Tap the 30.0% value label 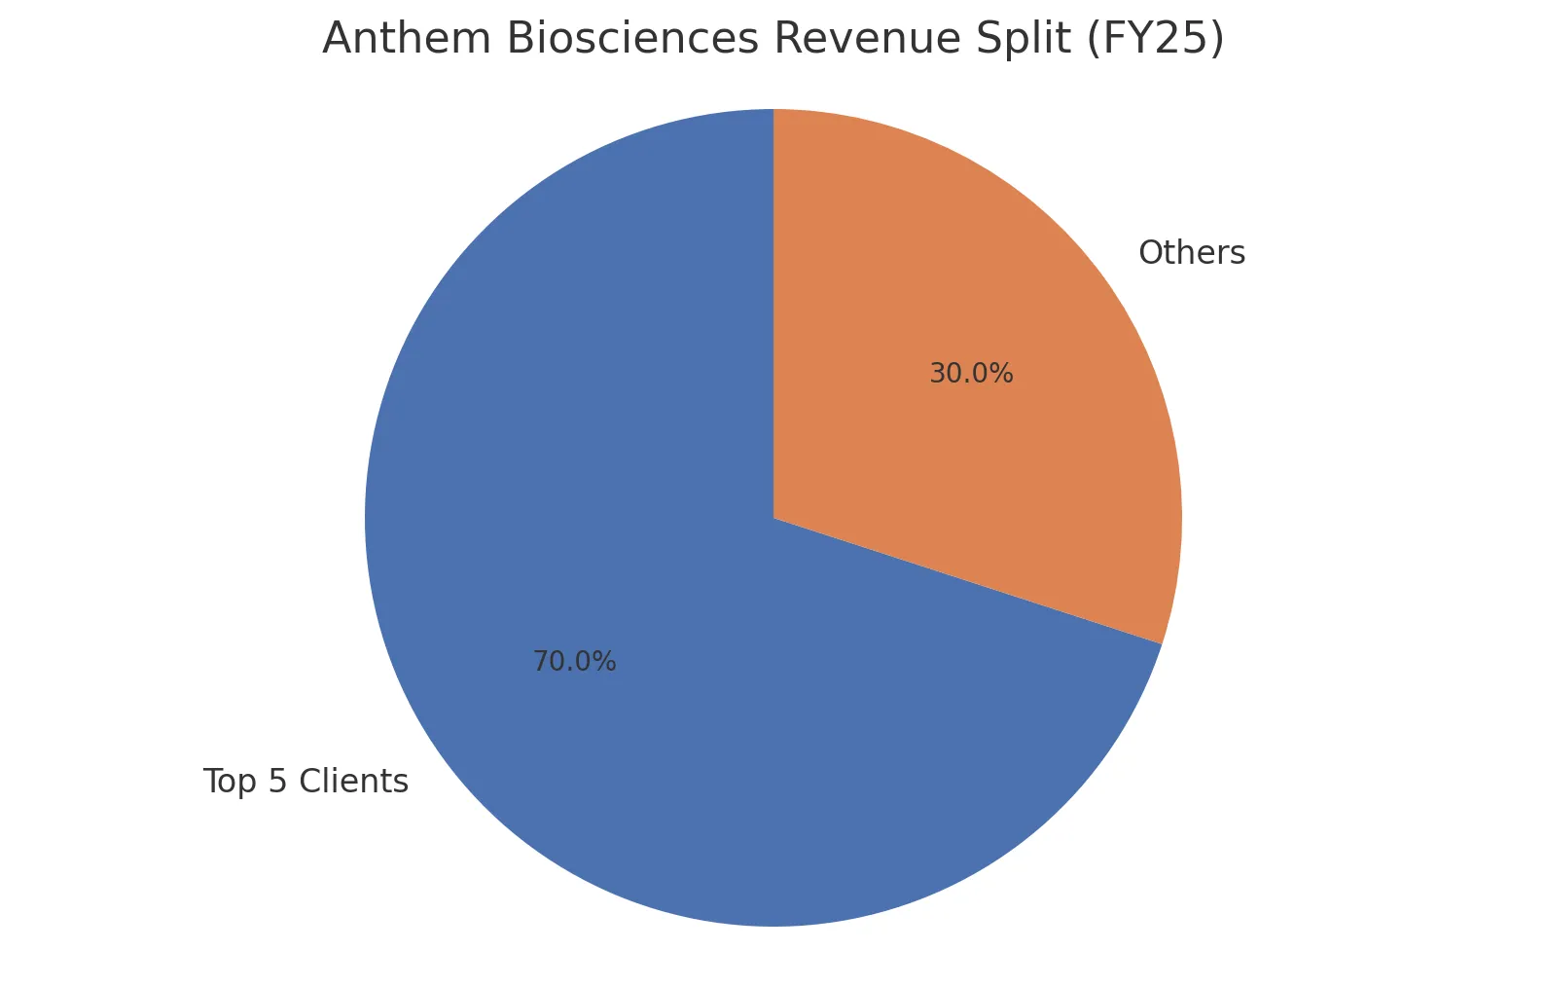coord(971,374)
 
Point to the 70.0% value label coord(574,662)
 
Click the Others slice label coord(1191,253)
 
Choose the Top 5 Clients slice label coord(306,782)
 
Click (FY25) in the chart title coord(1154,39)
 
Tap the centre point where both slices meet coord(773,518)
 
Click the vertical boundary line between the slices coord(773,311)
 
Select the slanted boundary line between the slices coord(968,581)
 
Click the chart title coord(773,39)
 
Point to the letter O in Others coord(1151,253)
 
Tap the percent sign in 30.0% coord(1003,374)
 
